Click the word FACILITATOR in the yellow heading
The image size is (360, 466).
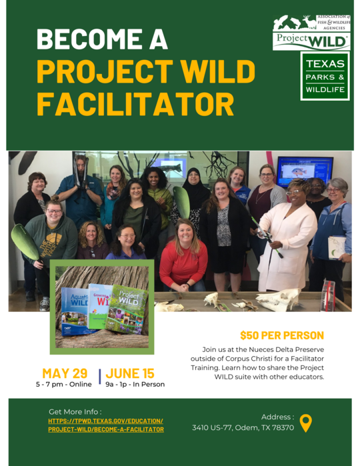(x=135, y=104)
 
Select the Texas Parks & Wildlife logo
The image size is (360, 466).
(x=325, y=76)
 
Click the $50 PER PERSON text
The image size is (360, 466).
(x=282, y=335)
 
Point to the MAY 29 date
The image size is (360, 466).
(x=65, y=373)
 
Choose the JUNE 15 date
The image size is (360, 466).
(x=130, y=373)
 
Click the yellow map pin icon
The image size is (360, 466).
(x=305, y=423)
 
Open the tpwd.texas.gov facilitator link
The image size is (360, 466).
(x=105, y=425)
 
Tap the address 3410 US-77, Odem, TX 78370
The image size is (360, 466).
(x=243, y=427)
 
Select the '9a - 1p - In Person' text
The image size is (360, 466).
(x=135, y=385)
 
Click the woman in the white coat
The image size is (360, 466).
(x=288, y=233)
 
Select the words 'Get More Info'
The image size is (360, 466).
(x=75, y=411)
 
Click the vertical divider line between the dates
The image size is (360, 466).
(x=100, y=377)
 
